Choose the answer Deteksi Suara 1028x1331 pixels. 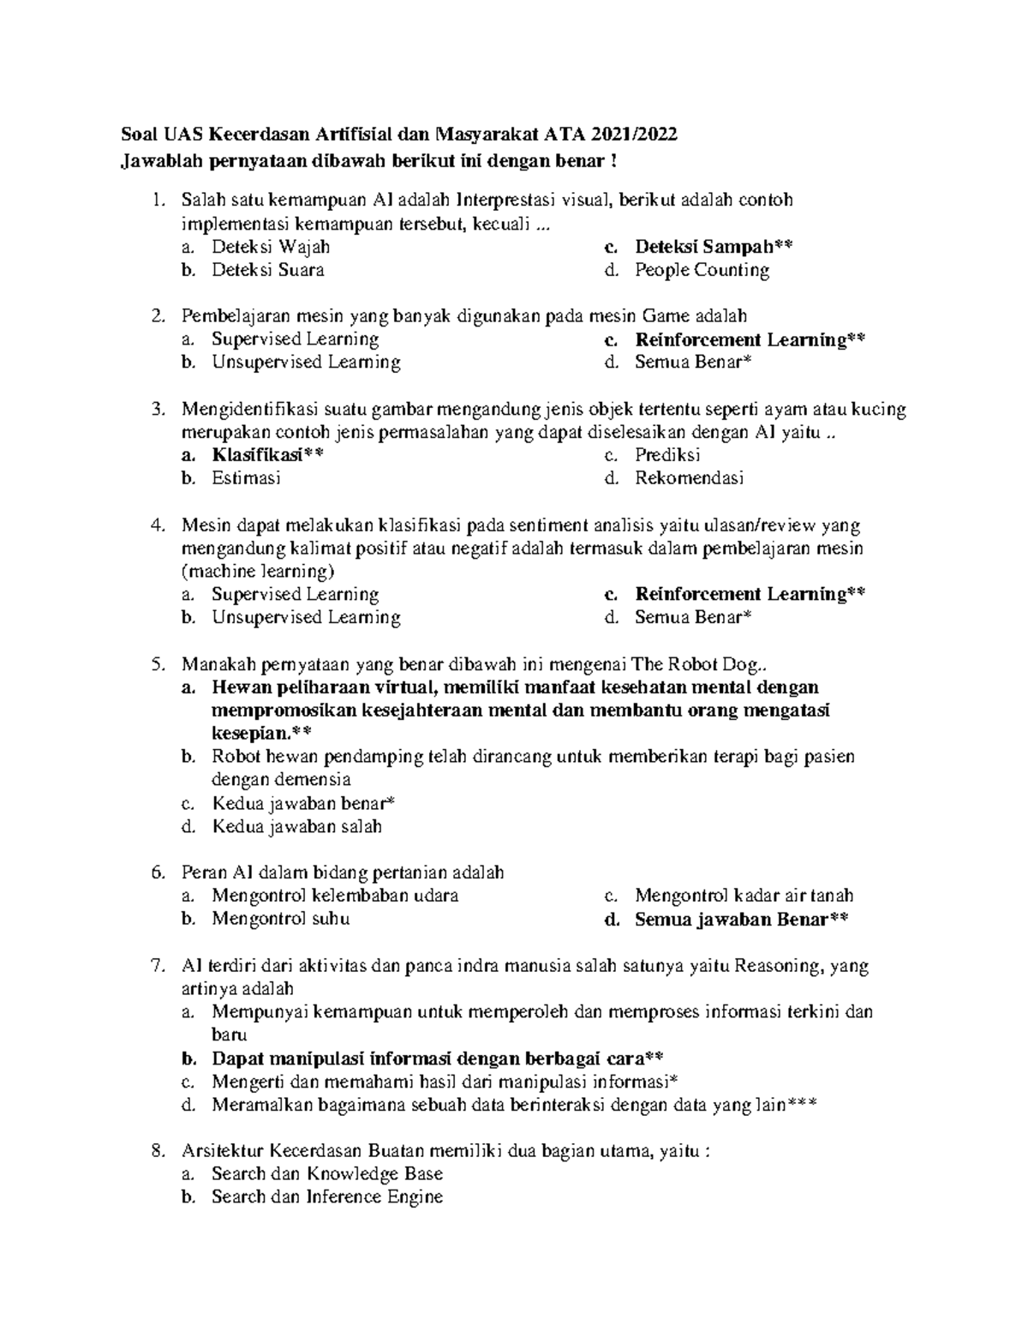point(267,270)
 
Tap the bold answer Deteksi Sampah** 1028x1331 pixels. point(714,247)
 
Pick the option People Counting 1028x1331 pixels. point(702,270)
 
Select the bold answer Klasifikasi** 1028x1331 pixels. point(268,455)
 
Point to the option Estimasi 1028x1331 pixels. point(246,478)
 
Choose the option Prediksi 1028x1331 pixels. point(667,455)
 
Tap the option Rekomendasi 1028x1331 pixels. point(689,478)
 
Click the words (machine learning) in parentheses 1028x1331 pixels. point(258,571)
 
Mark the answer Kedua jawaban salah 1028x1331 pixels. point(296,826)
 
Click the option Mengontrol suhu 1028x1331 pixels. point(280,919)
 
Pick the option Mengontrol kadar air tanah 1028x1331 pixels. point(744,896)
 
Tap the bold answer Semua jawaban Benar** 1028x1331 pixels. point(742,920)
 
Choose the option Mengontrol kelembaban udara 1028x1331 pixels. point(335,896)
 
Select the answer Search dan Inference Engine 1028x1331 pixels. point(327,1196)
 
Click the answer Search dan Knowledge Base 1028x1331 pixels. point(327,1173)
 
